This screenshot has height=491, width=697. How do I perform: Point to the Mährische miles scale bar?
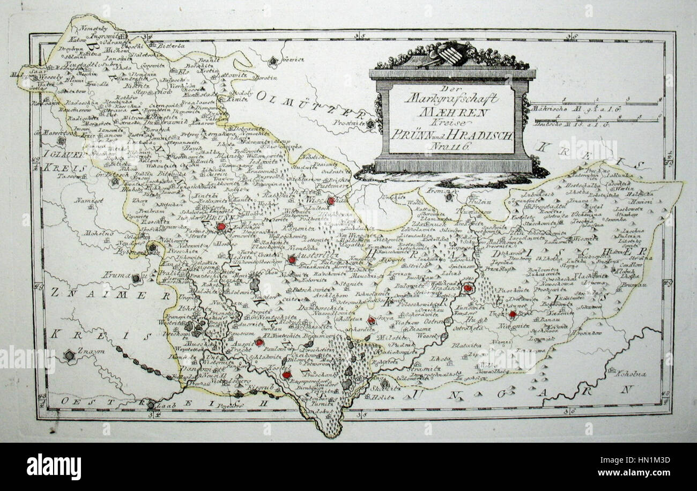pyautogui.click(x=595, y=103)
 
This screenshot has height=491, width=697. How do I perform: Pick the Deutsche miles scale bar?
pyautogui.click(x=595, y=120)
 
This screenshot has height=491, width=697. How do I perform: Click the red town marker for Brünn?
pyautogui.click(x=221, y=227)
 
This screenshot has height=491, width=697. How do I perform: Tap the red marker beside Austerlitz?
pyautogui.click(x=292, y=259)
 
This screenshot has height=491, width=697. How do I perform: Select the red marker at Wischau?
pyautogui.click(x=331, y=200)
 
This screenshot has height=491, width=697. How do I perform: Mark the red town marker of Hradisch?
pyautogui.click(x=468, y=288)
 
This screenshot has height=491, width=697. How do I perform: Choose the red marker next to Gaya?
pyautogui.click(x=371, y=321)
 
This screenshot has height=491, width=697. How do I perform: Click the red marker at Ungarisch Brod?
pyautogui.click(x=513, y=314)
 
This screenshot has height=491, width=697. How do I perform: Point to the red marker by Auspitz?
pyautogui.click(x=259, y=342)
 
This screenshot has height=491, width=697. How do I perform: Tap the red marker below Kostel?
pyautogui.click(x=287, y=375)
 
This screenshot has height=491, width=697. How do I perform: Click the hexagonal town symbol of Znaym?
pyautogui.click(x=69, y=355)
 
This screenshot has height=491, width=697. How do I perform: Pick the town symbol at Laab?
pyautogui.click(x=152, y=406)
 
